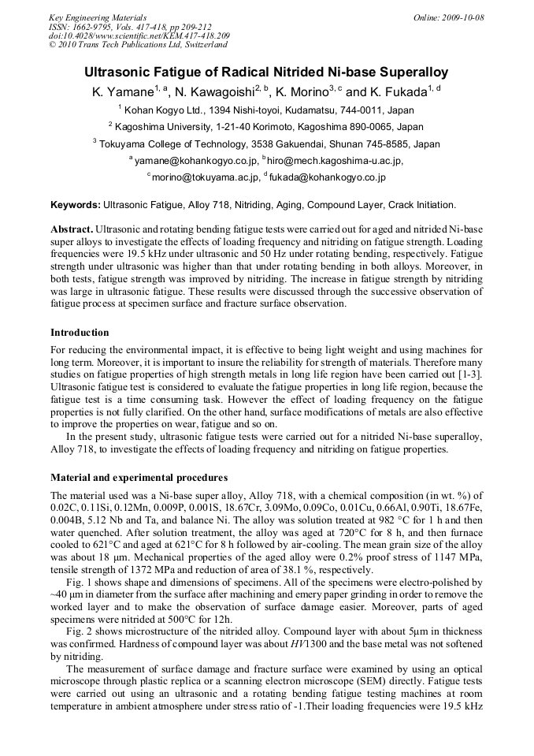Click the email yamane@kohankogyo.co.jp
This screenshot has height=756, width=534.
195,161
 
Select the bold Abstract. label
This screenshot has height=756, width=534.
72,228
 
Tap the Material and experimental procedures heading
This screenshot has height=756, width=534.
139,478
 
